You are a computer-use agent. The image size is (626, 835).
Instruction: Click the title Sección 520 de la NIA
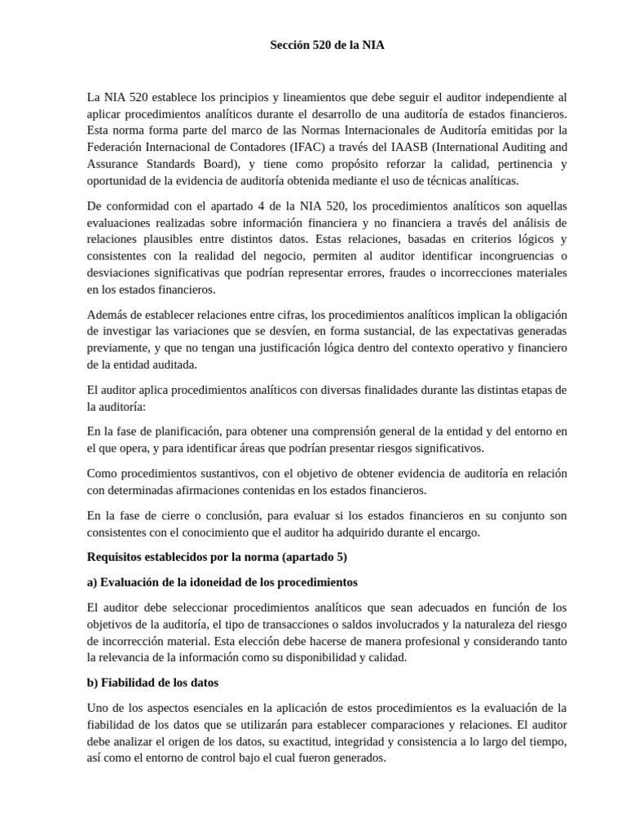click(327, 46)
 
